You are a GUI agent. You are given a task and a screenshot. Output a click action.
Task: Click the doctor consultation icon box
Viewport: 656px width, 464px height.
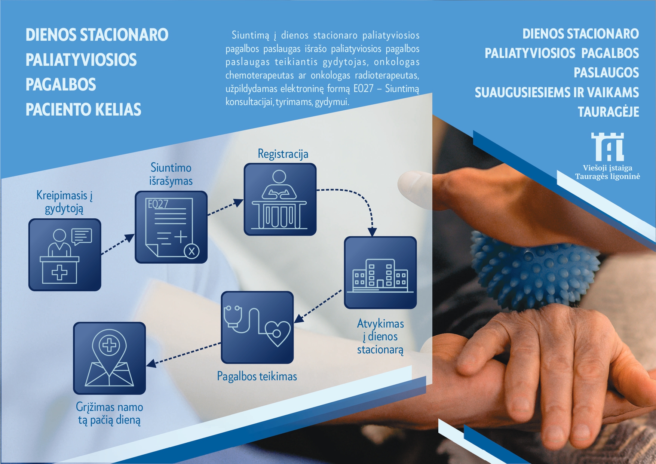(65, 255)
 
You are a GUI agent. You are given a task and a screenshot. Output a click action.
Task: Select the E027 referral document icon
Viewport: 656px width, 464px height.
(171, 227)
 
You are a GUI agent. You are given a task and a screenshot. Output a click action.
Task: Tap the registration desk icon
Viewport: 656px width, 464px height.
(280, 199)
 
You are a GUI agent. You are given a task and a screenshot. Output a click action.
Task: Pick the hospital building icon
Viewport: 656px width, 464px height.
(380, 273)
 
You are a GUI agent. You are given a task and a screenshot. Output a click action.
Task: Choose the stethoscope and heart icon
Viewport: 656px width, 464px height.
(257, 327)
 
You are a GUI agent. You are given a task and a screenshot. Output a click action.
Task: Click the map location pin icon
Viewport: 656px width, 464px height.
(109, 358)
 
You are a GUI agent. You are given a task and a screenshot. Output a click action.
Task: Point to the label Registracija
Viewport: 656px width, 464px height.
(283, 154)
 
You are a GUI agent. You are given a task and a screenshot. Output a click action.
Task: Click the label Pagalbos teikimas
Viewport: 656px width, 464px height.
(257, 376)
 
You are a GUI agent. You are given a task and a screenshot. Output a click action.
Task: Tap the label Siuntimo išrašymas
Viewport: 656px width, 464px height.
(171, 174)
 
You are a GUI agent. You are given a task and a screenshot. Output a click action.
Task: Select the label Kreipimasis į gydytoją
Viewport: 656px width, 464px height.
(64, 202)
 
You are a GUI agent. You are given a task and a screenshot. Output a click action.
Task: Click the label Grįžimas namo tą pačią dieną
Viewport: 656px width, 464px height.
(109, 413)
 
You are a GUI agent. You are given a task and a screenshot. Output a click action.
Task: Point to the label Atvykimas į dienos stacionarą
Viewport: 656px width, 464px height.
(380, 337)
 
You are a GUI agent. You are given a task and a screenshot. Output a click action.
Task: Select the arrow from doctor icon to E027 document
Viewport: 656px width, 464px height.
(118, 244)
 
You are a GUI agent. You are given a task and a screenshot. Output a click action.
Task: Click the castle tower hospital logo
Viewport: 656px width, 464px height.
(607, 147)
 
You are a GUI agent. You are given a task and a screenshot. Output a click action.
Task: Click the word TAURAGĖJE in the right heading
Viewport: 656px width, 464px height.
(608, 112)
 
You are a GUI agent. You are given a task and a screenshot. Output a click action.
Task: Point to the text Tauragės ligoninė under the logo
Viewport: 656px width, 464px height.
(607, 176)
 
